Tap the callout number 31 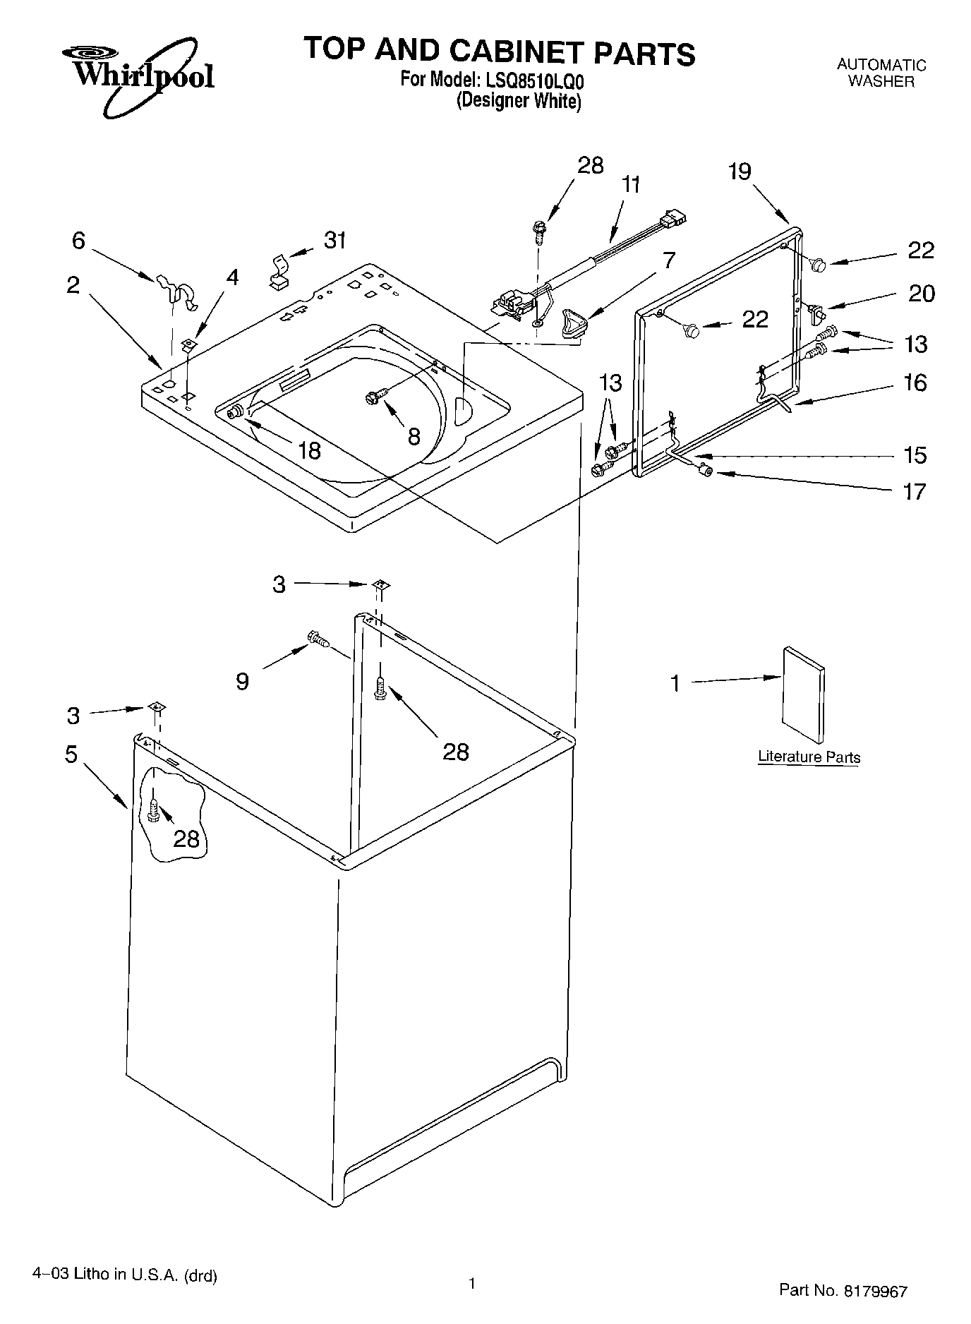(335, 241)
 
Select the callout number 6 (78, 241)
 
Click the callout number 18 (309, 450)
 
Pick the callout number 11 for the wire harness (632, 186)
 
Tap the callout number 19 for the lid (740, 171)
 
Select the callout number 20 (921, 293)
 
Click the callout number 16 (915, 383)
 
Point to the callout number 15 (915, 455)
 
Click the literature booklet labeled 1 (802, 694)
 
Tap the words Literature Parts (809, 757)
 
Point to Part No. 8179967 (843, 1290)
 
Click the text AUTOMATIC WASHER (881, 73)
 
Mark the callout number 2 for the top (73, 285)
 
